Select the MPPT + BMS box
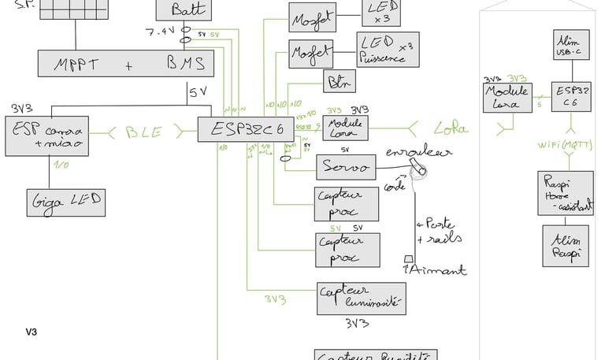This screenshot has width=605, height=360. (124, 63)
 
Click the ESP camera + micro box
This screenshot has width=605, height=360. (46, 136)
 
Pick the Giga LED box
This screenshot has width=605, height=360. (65, 202)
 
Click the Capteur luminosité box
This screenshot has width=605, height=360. (360, 297)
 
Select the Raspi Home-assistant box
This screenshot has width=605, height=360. (565, 193)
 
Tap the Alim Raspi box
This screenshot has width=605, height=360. (565, 245)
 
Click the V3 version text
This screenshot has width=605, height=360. (31, 332)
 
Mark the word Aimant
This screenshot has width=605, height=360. (437, 270)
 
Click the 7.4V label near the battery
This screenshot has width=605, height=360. (161, 32)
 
